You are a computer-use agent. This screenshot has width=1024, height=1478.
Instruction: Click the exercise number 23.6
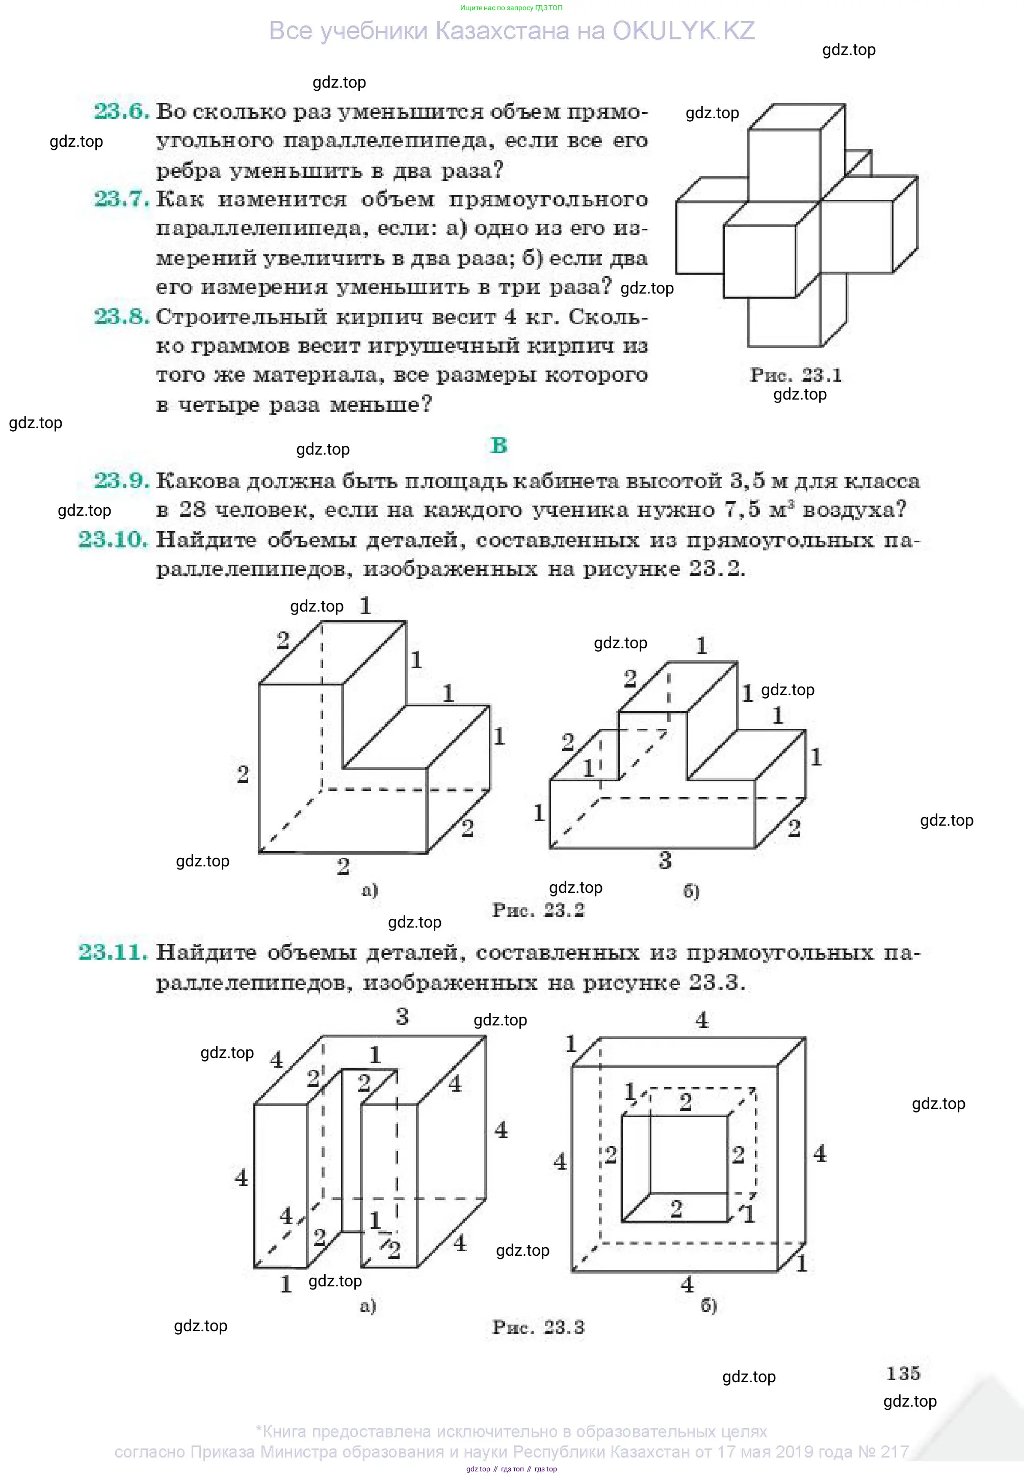pos(121,111)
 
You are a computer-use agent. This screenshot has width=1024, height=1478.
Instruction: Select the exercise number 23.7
pos(121,199)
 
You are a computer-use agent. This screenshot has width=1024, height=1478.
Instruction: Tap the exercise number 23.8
pos(121,316)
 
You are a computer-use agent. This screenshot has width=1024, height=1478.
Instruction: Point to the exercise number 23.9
pos(121,481)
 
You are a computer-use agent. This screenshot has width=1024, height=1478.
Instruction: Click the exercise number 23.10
pos(113,540)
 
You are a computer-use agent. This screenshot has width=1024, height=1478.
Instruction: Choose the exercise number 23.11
pos(113,952)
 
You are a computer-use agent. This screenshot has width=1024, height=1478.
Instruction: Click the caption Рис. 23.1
pos(796,375)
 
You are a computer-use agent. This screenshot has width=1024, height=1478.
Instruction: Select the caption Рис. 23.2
pos(538,910)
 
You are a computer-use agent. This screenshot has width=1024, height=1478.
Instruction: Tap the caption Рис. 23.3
pos(538,1327)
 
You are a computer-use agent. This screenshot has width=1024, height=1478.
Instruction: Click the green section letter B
pos(498,445)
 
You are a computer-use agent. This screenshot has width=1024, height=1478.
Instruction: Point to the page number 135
pos(903,1374)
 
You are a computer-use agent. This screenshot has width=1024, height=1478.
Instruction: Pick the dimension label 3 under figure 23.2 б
pos(665,860)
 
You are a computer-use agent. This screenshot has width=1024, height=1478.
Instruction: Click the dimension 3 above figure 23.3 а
pos(402,1017)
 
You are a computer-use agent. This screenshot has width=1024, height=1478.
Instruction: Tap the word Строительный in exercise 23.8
pos(241,317)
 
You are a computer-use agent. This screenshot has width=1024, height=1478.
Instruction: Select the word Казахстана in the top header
pos(502,31)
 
